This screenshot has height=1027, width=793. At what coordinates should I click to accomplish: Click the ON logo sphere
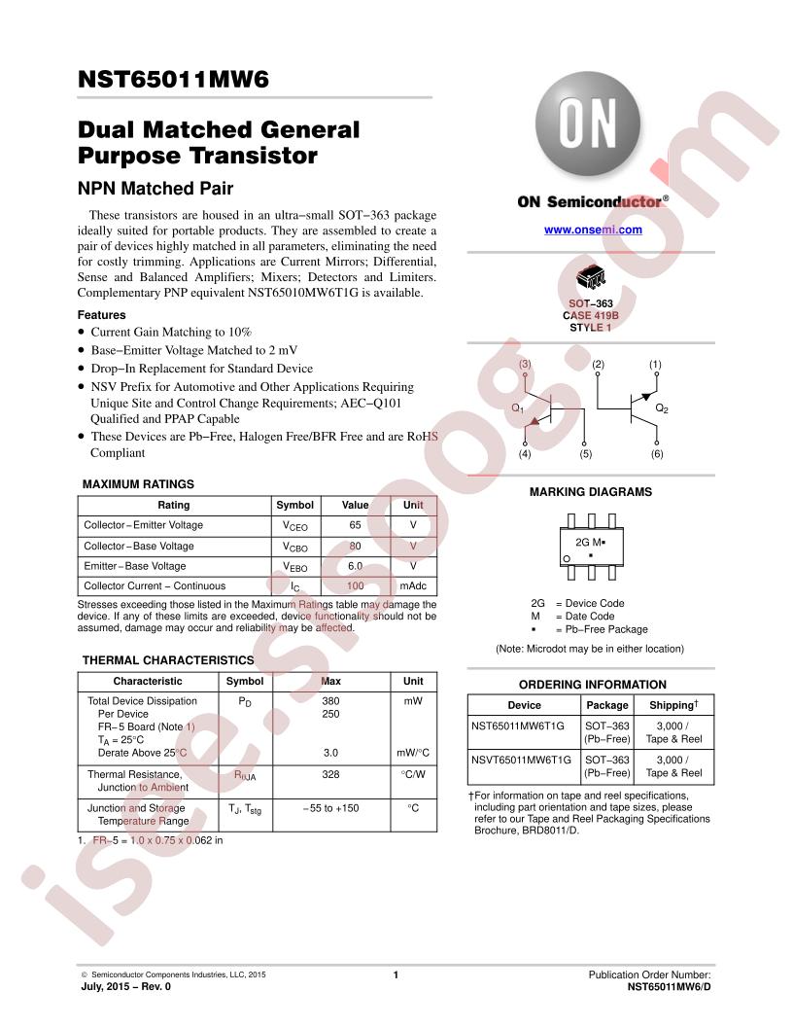point(587,124)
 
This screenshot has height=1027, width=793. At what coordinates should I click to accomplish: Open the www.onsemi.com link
point(593,230)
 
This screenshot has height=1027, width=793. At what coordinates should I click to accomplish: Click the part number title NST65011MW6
point(173,79)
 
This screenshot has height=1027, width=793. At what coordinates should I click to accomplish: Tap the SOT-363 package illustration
point(590,278)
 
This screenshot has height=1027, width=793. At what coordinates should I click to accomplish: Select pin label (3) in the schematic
point(525,364)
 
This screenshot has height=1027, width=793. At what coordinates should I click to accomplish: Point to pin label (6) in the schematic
point(657,453)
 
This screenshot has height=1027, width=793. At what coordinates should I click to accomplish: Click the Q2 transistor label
point(662,408)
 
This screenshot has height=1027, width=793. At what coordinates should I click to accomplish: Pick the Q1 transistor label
point(518,408)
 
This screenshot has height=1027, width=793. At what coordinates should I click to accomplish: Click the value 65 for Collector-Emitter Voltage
point(356,525)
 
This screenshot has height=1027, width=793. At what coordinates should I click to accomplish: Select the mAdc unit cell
point(413,586)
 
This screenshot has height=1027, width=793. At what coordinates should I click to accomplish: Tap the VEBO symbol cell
point(295,567)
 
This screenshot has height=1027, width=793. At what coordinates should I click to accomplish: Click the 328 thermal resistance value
point(331,774)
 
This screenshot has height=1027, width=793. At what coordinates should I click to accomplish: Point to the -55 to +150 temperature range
point(331,808)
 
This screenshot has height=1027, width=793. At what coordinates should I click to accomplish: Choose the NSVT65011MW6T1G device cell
point(521,760)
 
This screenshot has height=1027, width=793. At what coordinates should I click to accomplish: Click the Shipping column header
point(673,705)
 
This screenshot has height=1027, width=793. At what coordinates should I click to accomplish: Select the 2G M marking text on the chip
point(590,543)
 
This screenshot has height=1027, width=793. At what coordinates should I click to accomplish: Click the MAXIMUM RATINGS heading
point(138,484)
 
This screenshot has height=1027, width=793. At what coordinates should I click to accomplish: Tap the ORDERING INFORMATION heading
point(593,685)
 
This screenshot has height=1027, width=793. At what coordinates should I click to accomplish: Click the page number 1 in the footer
point(396,975)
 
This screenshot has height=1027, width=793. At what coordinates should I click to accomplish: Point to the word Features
point(101,315)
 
